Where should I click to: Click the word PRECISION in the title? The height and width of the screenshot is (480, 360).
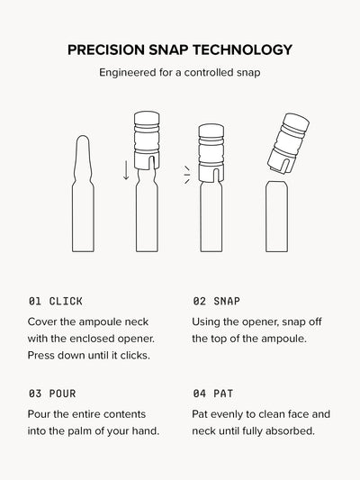106,50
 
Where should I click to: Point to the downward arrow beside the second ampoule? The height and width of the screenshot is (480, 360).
126,170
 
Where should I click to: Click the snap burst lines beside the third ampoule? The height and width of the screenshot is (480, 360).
187,175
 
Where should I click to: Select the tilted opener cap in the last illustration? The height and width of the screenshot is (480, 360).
288,143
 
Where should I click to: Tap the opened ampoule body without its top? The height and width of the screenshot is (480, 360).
276,216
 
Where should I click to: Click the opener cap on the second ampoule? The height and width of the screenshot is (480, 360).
147,140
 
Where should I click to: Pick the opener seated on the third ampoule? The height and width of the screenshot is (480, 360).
211,153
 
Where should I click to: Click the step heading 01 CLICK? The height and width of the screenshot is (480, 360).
56,301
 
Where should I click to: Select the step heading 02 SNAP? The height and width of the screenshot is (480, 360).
216,301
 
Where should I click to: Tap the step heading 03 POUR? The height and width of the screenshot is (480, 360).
52,394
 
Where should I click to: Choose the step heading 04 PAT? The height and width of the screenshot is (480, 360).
213,394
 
